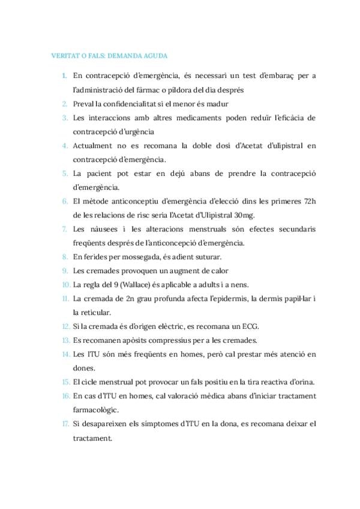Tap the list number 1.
coord(64,76)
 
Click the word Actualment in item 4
coord(93,145)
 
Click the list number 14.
coord(65,355)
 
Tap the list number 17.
coord(65,424)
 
